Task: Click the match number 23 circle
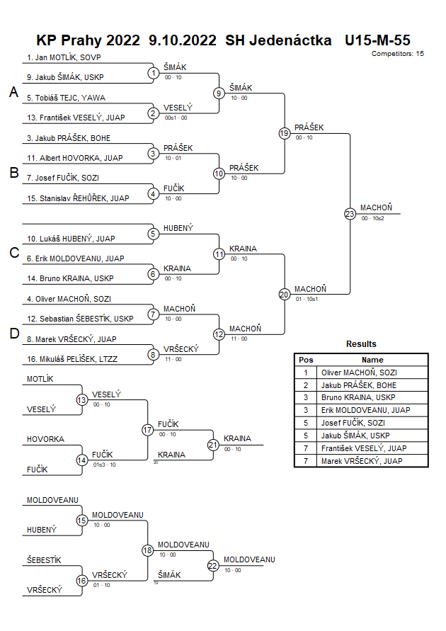point(350,213)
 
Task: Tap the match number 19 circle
point(285,133)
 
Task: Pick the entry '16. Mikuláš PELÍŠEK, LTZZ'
point(72,359)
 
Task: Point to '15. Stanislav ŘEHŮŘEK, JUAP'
point(78,198)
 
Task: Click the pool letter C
point(13,254)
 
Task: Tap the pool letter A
point(13,92)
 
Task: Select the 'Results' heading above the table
point(361,344)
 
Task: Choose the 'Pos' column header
point(306,360)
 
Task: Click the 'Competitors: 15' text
point(397,53)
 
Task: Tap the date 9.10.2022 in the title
point(183,40)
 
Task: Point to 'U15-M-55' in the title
point(377,40)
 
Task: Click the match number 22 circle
point(213,565)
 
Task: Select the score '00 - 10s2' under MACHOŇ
point(372,218)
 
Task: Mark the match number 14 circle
point(82,460)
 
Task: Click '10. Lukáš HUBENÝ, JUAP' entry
point(72,239)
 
